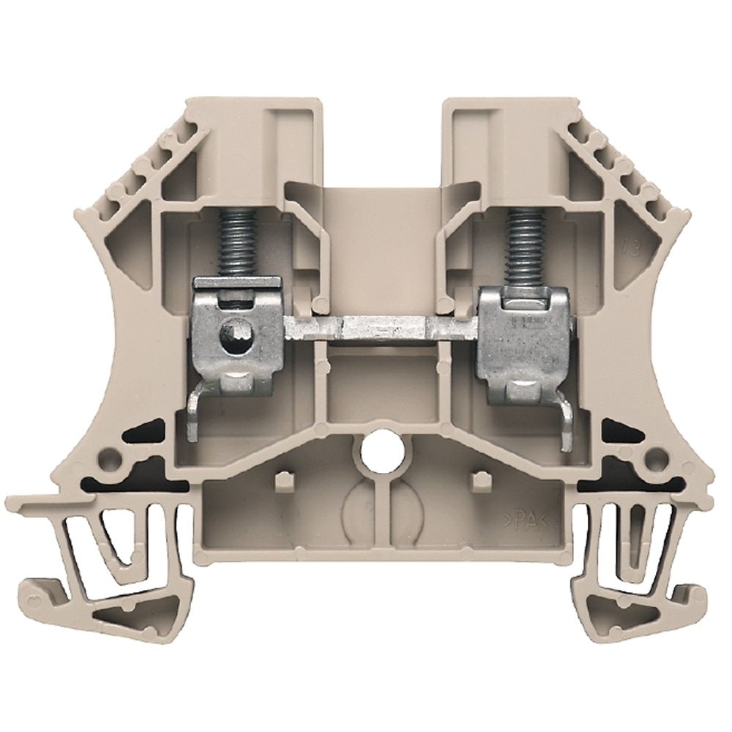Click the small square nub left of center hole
[x=283, y=481]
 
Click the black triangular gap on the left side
[x=143, y=432]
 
